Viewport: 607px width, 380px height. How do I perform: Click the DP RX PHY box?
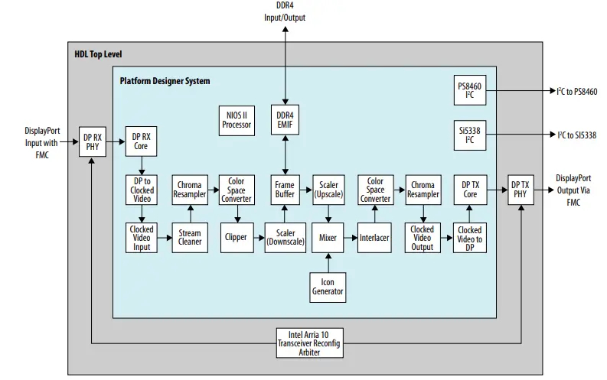[93, 142]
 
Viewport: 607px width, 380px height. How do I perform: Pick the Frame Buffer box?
[285, 189]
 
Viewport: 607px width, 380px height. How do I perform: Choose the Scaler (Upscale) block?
[328, 189]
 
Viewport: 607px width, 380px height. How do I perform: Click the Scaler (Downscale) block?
[285, 237]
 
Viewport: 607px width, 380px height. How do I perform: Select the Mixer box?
[328, 237]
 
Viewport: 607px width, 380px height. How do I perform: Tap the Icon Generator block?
[328, 287]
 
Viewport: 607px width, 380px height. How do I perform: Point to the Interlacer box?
[374, 237]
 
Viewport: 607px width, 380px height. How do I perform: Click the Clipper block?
[237, 237]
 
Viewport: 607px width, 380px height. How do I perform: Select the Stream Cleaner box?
[189, 237]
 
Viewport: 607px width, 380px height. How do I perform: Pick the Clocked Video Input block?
[142, 237]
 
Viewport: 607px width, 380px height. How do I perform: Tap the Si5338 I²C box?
[468, 135]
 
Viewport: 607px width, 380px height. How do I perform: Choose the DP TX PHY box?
[520, 189]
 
